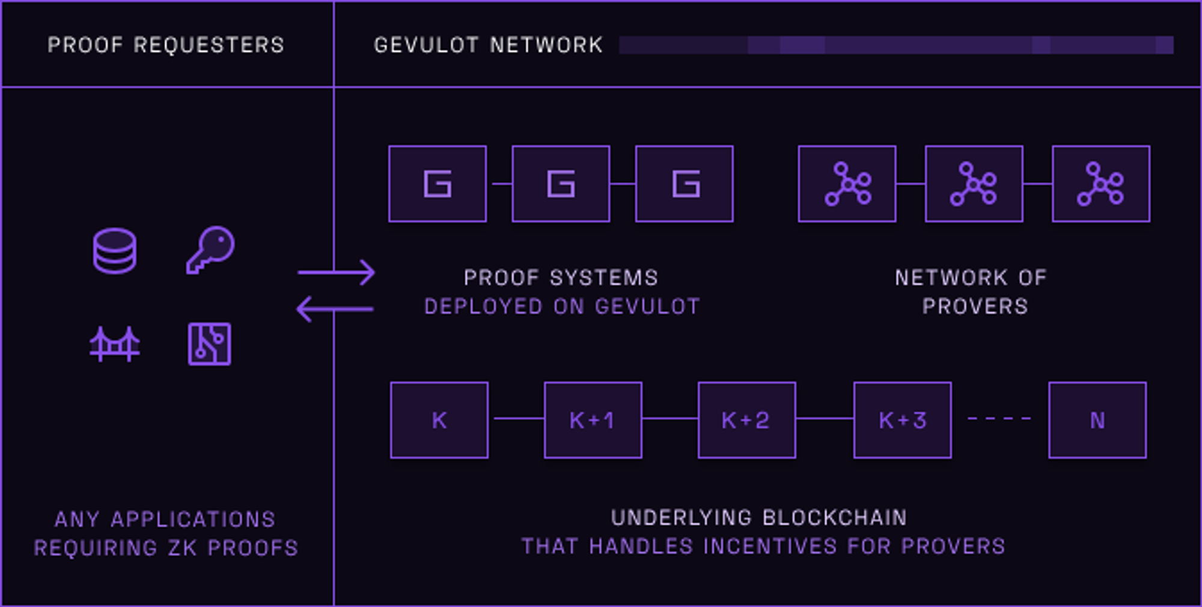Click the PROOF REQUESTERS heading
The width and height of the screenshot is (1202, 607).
[165, 45]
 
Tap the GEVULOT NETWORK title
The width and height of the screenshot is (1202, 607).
[488, 45]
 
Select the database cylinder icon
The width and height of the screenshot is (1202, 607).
[115, 251]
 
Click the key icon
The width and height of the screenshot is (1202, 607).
[210, 250]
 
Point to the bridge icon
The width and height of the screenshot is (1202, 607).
[115, 344]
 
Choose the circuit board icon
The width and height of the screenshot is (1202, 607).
[210, 344]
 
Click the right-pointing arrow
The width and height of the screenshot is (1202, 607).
[337, 273]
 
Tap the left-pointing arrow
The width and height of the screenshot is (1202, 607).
[335, 309]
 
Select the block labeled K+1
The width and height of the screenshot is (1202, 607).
[593, 420]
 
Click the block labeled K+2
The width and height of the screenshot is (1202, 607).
[746, 420]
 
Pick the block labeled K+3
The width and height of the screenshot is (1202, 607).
[902, 420]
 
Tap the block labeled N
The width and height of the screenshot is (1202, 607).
[1097, 420]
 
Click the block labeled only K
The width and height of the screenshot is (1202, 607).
[439, 420]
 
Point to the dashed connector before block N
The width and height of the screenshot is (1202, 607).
[999, 418]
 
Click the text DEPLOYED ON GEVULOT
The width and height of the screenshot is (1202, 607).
[562, 307]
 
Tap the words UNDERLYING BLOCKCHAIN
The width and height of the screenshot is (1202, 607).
[759, 517]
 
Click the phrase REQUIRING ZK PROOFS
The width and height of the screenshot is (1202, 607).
[166, 548]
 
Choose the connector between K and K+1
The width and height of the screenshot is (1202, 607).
[516, 418]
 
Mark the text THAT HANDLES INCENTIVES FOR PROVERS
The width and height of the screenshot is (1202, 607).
[763, 546]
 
